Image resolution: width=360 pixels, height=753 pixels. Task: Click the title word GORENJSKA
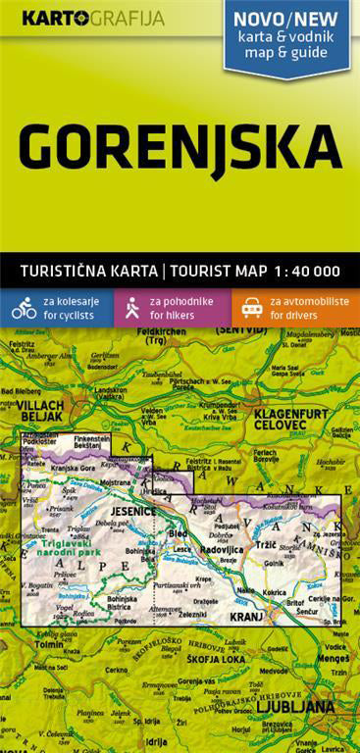tap(180, 147)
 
